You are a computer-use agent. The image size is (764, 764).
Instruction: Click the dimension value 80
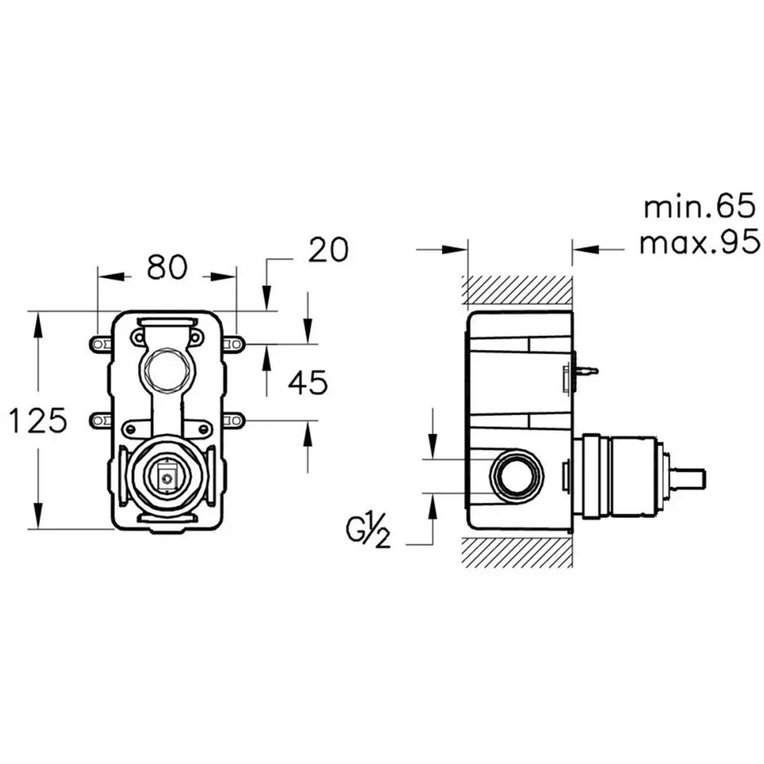point(167,267)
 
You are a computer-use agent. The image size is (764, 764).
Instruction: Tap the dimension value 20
point(329,250)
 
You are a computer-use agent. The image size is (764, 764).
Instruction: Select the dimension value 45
point(308,383)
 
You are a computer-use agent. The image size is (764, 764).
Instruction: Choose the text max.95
point(699,242)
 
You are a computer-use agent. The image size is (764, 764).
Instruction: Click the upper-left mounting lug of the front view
point(101,344)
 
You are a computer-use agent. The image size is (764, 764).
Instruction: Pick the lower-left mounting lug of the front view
point(101,420)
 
